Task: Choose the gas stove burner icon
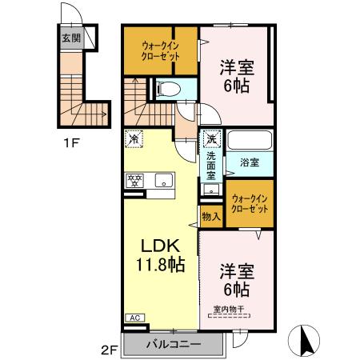coord(133,179)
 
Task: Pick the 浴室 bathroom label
coord(248,162)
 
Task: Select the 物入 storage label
coord(210,216)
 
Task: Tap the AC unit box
coord(134,318)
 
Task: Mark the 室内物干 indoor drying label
coord(229,310)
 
